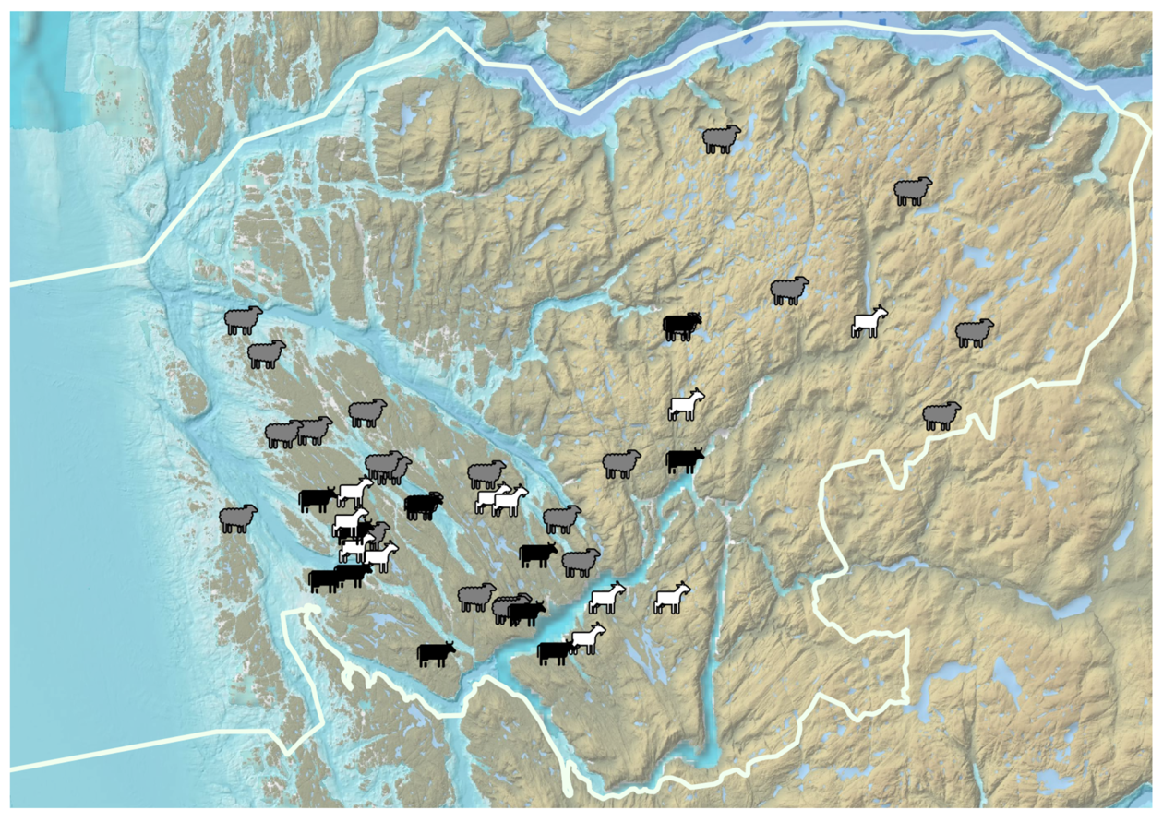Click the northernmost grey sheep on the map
tap(722, 139)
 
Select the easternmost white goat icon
tap(869, 323)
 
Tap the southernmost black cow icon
tap(436, 654)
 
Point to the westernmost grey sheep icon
tap(238, 518)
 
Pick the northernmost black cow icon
tap(682, 327)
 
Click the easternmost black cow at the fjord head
tap(684, 459)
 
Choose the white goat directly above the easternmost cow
tap(686, 405)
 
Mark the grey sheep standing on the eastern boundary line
tap(941, 416)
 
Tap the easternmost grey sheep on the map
tap(974, 333)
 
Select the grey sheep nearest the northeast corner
tap(913, 191)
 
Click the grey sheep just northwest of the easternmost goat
tap(789, 291)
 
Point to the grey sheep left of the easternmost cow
tap(621, 464)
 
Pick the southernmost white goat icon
tap(587, 638)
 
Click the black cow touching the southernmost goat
tap(556, 651)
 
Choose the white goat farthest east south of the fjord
tap(672, 598)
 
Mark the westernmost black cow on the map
tap(317, 499)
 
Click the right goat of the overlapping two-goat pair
tap(510, 501)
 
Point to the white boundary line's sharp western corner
tap(146, 261)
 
